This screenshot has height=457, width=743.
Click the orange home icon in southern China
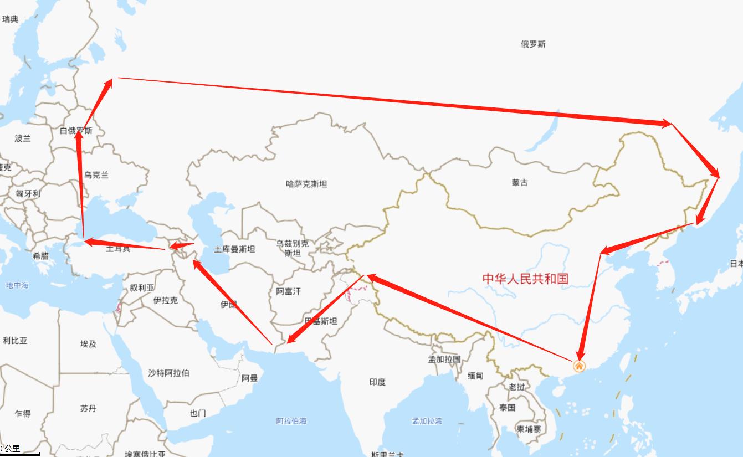pyautogui.click(x=578, y=366)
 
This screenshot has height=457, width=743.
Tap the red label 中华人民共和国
pyautogui.click(x=525, y=278)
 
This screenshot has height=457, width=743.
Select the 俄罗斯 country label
pyautogui.click(x=533, y=44)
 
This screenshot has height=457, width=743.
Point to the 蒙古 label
pyautogui.click(x=520, y=183)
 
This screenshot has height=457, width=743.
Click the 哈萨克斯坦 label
pyautogui.click(x=306, y=184)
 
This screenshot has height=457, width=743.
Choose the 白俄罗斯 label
pyautogui.click(x=76, y=131)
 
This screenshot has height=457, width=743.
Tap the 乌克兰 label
pyautogui.click(x=96, y=175)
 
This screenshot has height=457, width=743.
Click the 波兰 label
pyautogui.click(x=23, y=138)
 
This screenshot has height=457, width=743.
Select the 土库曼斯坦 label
pyautogui.click(x=234, y=249)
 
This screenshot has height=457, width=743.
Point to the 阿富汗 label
pyautogui.click(x=288, y=291)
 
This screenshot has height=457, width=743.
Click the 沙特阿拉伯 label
pyautogui.click(x=168, y=373)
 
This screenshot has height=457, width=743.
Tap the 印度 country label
pyautogui.click(x=377, y=382)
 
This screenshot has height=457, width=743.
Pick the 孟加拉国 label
pyautogui.click(x=444, y=359)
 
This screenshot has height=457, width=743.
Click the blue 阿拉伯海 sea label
pyautogui.click(x=291, y=422)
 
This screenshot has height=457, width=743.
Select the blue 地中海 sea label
pyautogui.click(x=17, y=285)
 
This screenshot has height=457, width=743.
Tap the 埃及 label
pyautogui.click(x=88, y=344)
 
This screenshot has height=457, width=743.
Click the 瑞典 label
pyautogui.click(x=10, y=19)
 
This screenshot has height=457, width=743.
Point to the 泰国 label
pyautogui.click(x=507, y=408)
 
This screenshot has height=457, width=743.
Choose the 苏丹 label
pyautogui.click(x=88, y=409)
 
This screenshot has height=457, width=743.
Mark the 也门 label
pyautogui.click(x=198, y=413)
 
